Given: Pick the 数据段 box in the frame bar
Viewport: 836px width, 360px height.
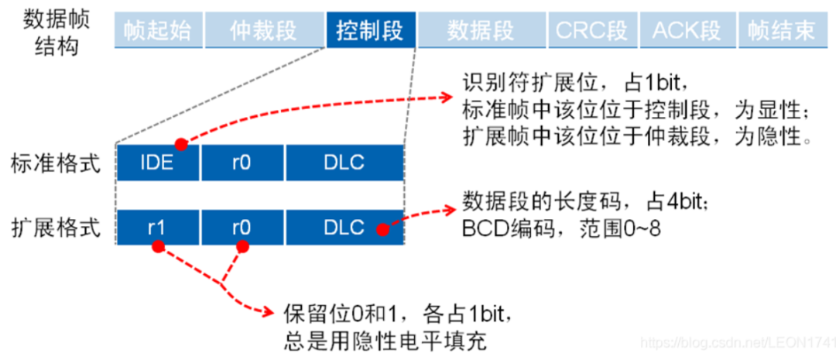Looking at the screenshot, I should tap(481, 30).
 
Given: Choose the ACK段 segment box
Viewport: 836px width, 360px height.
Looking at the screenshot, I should tap(687, 30).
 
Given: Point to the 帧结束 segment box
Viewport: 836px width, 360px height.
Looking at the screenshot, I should tap(782, 30).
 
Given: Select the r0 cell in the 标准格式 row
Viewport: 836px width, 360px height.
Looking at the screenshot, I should tap(242, 163).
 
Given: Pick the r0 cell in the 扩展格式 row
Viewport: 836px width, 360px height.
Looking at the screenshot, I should tap(242, 228).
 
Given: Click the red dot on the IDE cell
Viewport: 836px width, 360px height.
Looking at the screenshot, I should tap(180, 145).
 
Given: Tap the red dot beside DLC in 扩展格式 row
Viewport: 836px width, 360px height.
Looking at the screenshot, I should tap(383, 229).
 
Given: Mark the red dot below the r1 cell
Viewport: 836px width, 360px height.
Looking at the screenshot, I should tap(158, 247).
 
